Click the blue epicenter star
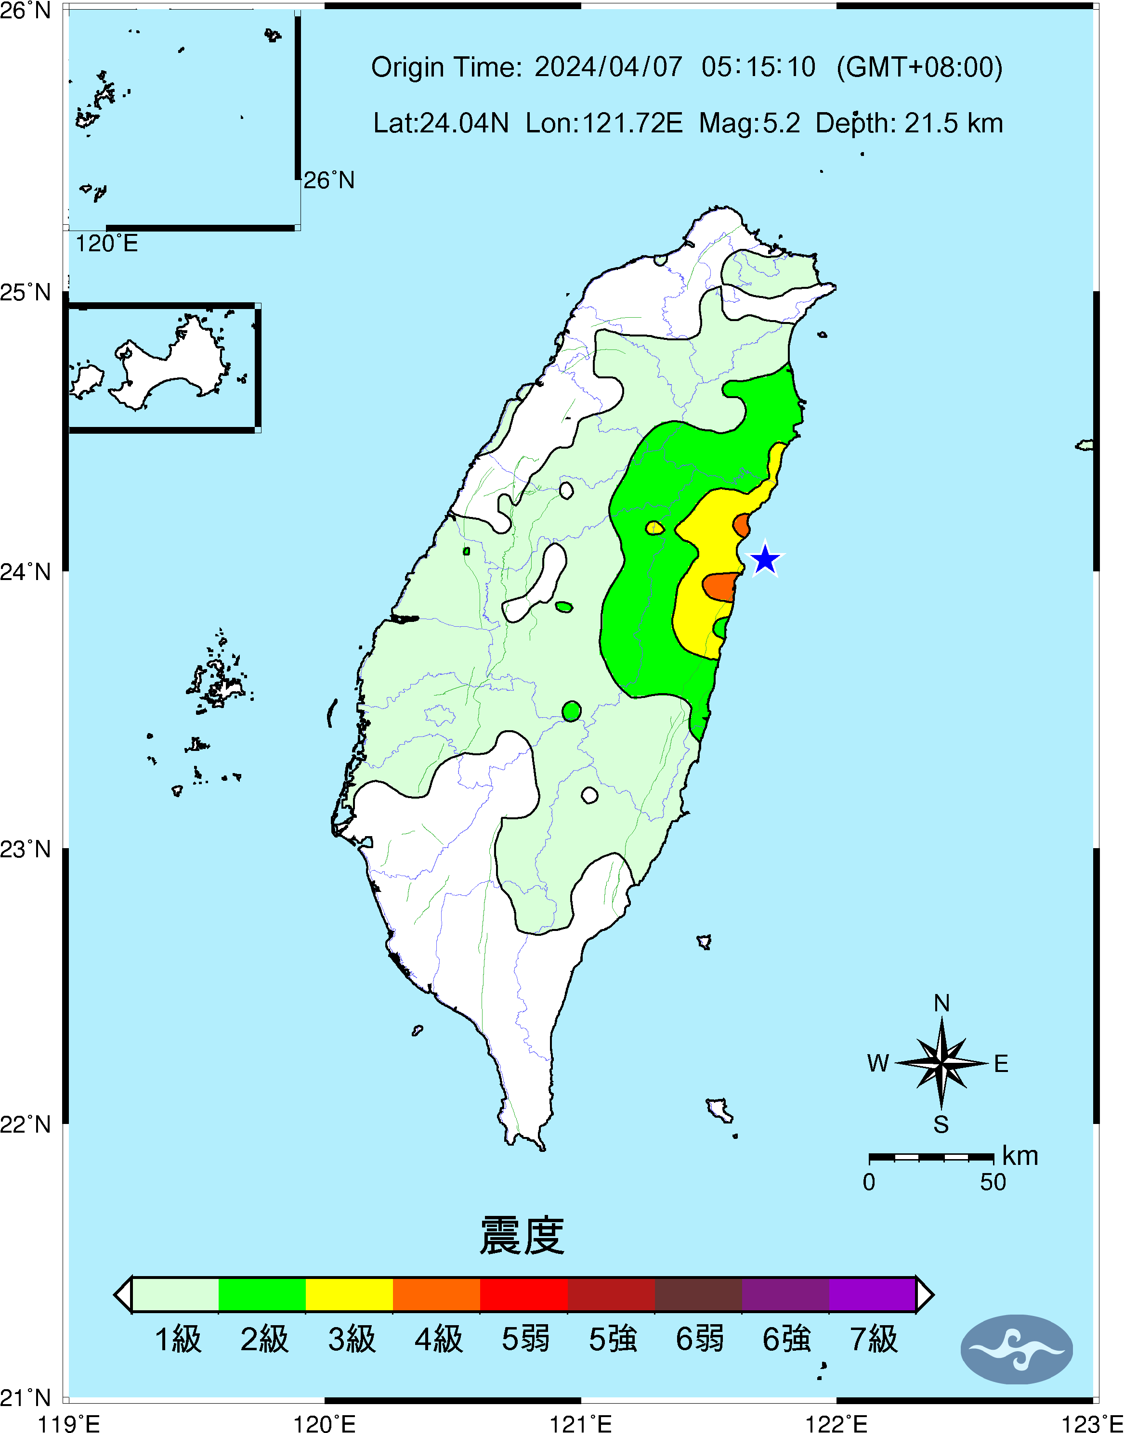click(x=765, y=560)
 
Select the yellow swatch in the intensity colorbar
click(x=350, y=1294)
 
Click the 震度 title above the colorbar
click(x=522, y=1235)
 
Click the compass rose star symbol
click(x=941, y=1062)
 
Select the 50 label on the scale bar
click(x=993, y=1182)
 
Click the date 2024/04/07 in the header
click(x=608, y=67)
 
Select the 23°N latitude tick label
click(x=26, y=850)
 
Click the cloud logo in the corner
click(x=1017, y=1349)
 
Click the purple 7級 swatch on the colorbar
click(x=873, y=1294)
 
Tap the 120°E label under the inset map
click(x=106, y=244)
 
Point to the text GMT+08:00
click(x=919, y=67)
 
